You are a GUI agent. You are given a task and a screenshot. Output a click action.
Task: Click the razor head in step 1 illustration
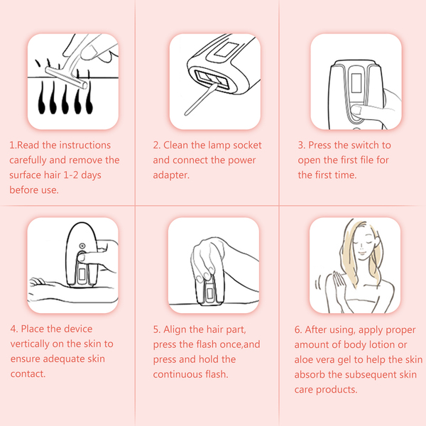[67, 77]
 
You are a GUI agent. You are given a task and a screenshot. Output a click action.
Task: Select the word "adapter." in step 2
[171, 175]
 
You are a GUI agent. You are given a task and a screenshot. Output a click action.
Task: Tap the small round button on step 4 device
[82, 246]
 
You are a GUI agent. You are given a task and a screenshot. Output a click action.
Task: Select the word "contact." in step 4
[28, 374]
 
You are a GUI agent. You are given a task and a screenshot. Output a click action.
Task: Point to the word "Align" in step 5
[175, 329]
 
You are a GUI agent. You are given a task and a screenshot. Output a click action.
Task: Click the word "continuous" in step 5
[177, 374]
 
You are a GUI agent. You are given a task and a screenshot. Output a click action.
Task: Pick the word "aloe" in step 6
[303, 360]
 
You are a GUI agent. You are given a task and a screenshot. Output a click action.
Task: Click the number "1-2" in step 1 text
[70, 175]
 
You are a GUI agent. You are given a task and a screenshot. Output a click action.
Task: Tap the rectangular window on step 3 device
[356, 83]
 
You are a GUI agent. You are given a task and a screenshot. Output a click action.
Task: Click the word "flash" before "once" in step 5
[207, 344]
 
